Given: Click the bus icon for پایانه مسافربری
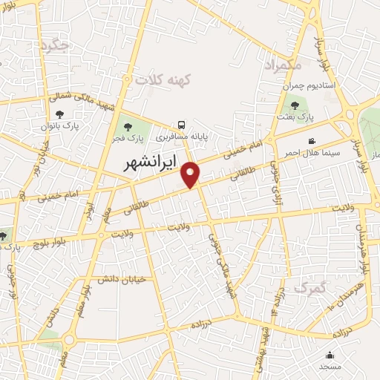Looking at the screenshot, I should (x=182, y=125).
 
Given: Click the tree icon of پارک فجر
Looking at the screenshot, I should (x=129, y=127).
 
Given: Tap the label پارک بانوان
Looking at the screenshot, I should (x=59, y=125).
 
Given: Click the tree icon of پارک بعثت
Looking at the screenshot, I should (x=295, y=105).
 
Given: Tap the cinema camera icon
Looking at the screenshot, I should (x=312, y=140).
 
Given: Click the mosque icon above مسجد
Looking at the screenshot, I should (x=330, y=355).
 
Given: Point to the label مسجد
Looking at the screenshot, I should (x=330, y=367).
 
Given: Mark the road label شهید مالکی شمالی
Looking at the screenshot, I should (x=79, y=97).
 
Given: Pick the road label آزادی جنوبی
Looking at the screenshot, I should (x=292, y=169).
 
